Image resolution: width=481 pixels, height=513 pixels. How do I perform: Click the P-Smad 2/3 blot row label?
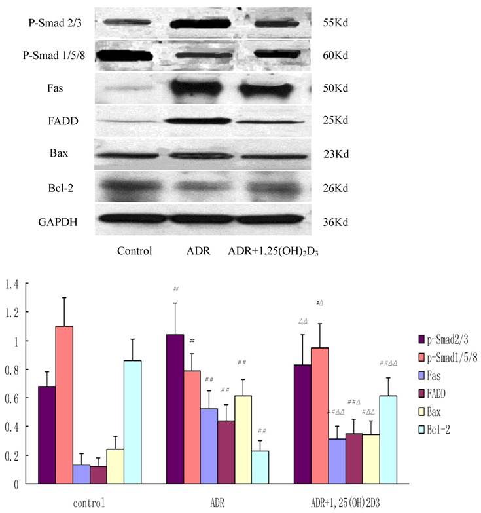[55, 23]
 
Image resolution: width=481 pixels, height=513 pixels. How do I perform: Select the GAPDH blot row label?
[55, 221]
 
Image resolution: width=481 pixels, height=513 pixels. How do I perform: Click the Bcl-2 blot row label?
[55, 187]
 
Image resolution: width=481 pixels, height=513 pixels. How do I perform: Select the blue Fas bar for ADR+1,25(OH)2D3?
[338, 461]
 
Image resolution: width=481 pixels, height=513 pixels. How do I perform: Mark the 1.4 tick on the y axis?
[12, 284]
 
